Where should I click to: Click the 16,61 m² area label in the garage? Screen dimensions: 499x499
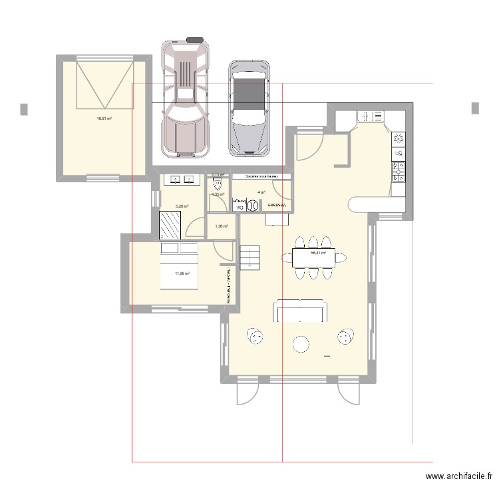[104, 118]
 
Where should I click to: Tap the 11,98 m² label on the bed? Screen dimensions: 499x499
[182, 273]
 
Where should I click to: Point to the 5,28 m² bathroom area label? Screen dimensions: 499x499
[182, 207]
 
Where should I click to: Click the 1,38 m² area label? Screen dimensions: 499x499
[222, 226]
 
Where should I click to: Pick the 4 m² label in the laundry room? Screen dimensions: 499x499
[261, 193]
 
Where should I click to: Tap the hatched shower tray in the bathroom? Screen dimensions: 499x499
[170, 224]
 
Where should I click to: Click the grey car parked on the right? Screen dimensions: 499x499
[250, 110]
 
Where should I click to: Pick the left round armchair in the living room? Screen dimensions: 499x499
[255, 337]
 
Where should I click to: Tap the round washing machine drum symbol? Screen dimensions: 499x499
[253, 206]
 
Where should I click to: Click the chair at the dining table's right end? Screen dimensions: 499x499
[345, 257]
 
